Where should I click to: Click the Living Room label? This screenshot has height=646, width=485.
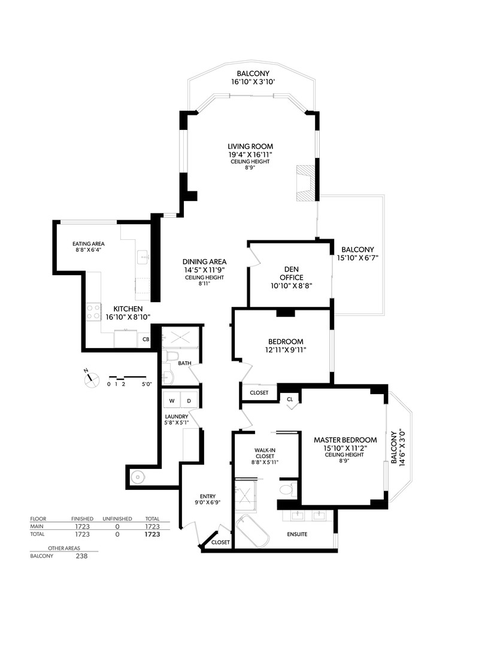(250, 146)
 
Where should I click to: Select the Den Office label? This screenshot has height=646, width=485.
(290, 273)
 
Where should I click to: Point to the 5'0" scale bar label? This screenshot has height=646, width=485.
(147, 384)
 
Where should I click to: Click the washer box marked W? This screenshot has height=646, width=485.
(171, 401)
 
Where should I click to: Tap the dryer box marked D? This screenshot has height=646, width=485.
(189, 401)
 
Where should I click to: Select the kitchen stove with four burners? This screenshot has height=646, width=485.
(94, 311)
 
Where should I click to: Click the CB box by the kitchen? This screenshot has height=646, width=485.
(145, 339)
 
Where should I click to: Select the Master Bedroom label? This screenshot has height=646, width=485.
(345, 440)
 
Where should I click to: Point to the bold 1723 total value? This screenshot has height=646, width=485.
(153, 534)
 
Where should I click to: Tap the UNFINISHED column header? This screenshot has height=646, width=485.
(117, 519)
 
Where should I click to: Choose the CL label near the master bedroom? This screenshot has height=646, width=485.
(290, 398)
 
